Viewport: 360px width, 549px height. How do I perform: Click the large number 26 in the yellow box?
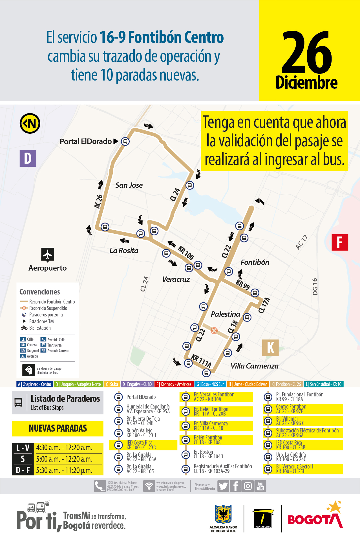pos(307,52)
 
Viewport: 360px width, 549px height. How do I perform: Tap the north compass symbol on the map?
pos(30,123)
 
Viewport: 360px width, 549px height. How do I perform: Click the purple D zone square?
pos(28,158)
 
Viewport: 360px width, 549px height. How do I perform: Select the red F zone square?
pos(340,242)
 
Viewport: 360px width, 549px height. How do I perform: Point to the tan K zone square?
pos(270,347)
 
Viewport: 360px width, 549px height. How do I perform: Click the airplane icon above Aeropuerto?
pos(47,255)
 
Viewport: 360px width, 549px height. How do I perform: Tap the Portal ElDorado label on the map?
pos(86,141)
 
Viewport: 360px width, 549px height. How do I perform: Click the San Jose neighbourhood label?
pos(129,185)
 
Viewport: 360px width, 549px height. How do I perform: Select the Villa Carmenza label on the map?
pos(254,366)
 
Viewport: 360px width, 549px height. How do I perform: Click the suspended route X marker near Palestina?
pos(214,330)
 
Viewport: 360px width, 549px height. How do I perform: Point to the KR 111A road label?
pos(201,361)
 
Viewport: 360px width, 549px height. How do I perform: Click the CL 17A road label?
pos(264,305)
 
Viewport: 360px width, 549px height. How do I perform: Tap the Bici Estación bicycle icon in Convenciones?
pos(24,328)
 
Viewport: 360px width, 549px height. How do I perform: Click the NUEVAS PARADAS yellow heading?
pos(58,428)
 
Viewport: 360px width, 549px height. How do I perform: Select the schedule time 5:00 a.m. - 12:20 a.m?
pos(64,459)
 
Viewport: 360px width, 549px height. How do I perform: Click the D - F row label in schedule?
pos(23,470)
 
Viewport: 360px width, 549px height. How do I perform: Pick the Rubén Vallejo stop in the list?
pos(139,433)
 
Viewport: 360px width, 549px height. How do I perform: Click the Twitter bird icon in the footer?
pos(223,486)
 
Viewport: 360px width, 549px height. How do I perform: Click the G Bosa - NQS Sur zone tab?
pos(210,384)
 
